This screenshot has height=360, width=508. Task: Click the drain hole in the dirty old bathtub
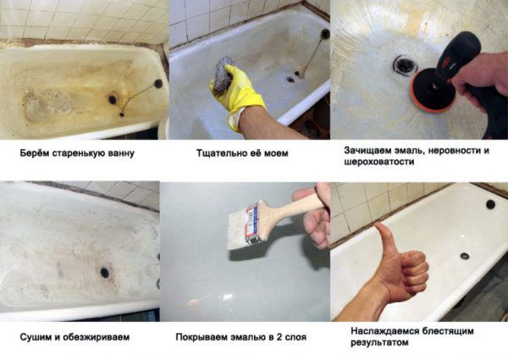(x=112, y=99)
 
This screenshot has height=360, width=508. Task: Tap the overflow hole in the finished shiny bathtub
(x=489, y=205)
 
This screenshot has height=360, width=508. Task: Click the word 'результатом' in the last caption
(x=378, y=343)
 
